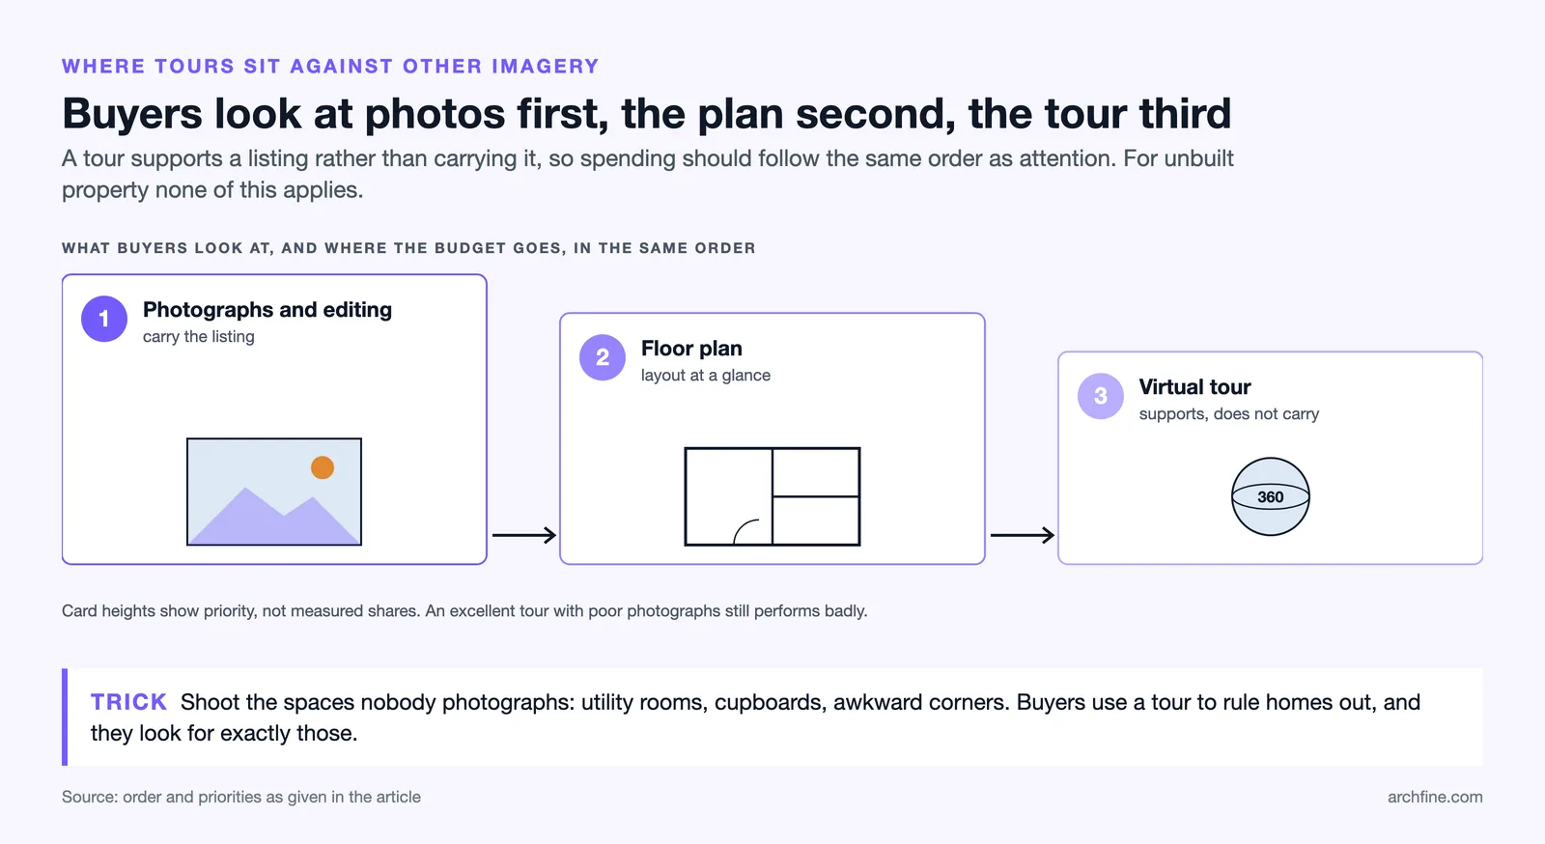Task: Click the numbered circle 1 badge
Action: click(x=104, y=319)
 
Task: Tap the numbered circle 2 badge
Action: click(x=603, y=357)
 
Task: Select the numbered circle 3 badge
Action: click(x=1100, y=396)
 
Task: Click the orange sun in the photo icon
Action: click(x=323, y=466)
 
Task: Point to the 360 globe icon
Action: click(x=1270, y=496)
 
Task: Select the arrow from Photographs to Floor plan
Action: click(x=524, y=534)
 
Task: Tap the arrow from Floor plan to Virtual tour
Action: click(x=1023, y=534)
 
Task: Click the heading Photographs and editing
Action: click(x=267, y=310)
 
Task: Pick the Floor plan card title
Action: click(x=691, y=349)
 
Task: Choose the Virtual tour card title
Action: click(x=1194, y=387)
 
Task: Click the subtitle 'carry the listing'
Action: click(x=199, y=336)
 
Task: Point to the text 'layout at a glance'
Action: click(x=706, y=375)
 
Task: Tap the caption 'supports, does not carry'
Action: click(x=1228, y=413)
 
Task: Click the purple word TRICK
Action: click(x=129, y=701)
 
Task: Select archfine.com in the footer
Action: click(x=1435, y=797)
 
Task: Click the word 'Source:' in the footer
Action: click(x=90, y=797)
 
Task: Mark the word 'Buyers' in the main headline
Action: click(x=131, y=114)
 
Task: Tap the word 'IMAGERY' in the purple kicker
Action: click(x=546, y=67)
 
